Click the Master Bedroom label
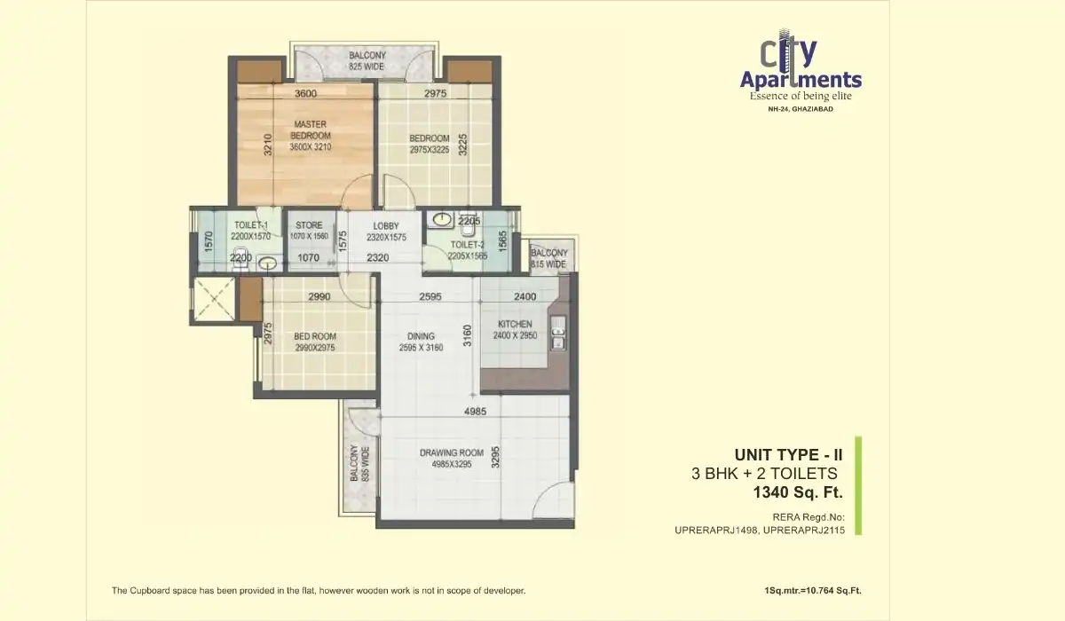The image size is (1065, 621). (310, 135)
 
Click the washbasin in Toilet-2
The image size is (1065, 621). (439, 218)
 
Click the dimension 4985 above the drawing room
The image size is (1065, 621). (476, 412)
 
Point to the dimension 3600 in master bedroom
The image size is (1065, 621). (304, 93)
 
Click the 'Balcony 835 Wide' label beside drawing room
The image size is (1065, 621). (358, 463)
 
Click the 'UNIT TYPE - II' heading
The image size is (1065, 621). (788, 455)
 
